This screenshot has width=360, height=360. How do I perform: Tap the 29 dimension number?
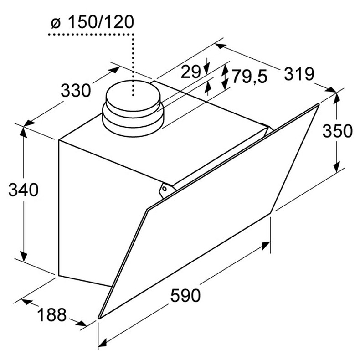coord(190,72)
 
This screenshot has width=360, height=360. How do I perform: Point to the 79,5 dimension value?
coord(249,77)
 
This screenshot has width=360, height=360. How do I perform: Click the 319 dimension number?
coord(299,73)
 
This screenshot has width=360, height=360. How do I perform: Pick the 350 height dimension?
coord(337,131)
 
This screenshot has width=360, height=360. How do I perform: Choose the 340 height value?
coord(23,190)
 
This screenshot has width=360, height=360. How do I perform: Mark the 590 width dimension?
coord(185,296)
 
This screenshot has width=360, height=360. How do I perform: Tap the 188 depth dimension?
coord(51,314)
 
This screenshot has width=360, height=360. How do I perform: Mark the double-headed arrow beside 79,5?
coord(225,77)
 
